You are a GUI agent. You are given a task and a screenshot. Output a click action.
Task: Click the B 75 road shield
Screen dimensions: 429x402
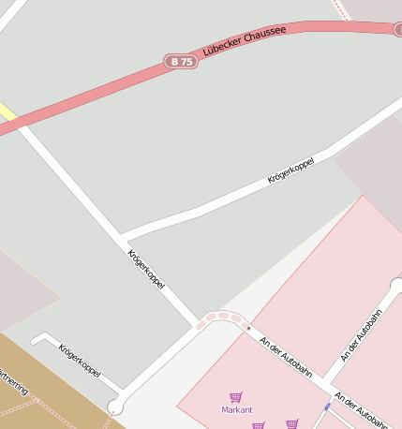point(181,61)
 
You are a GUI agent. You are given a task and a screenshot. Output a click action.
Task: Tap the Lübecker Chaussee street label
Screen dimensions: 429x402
point(244,42)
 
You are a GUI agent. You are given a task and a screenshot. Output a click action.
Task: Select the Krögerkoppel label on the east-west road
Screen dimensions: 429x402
point(290,170)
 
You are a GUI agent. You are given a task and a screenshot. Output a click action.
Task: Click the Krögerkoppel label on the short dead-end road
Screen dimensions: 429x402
point(80,361)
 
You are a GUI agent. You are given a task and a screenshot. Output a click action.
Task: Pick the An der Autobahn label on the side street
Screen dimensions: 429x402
point(361,337)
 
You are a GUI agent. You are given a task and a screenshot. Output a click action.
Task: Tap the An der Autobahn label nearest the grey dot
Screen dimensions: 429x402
point(286,357)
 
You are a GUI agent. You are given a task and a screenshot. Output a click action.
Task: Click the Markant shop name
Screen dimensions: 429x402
point(236,410)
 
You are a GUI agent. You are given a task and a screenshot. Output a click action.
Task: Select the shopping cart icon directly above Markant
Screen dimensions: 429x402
point(235,397)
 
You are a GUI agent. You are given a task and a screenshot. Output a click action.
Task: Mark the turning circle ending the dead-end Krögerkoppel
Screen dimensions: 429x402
point(115,407)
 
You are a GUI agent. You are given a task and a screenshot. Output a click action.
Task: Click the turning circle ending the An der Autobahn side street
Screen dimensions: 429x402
point(397,286)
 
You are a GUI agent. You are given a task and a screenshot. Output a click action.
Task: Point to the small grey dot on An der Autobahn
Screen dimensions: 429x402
point(248,328)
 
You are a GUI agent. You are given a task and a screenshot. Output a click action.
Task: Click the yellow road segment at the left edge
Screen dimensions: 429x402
point(7,113)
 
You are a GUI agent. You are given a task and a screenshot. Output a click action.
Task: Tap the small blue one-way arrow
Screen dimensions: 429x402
point(327,407)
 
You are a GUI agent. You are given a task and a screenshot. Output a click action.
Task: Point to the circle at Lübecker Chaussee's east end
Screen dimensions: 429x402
point(398,30)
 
